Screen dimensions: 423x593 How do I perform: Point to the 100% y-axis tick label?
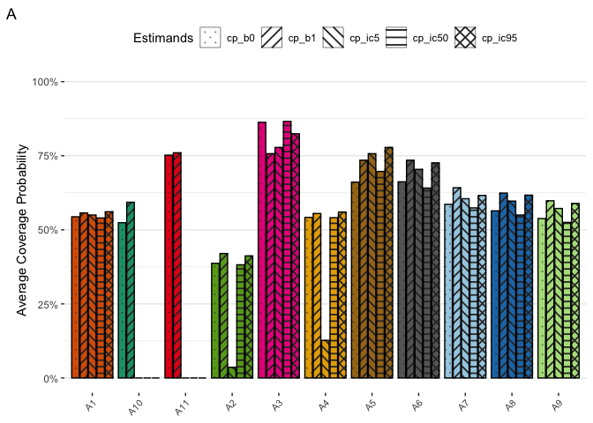(44, 82)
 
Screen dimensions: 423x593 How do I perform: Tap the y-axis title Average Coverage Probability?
(24, 230)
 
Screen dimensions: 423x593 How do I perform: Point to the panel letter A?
(11, 15)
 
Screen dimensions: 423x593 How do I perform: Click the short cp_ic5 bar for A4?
(327, 359)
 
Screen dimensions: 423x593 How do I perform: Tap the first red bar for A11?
(169, 266)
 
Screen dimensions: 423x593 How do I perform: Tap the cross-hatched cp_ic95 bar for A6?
(435, 270)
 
